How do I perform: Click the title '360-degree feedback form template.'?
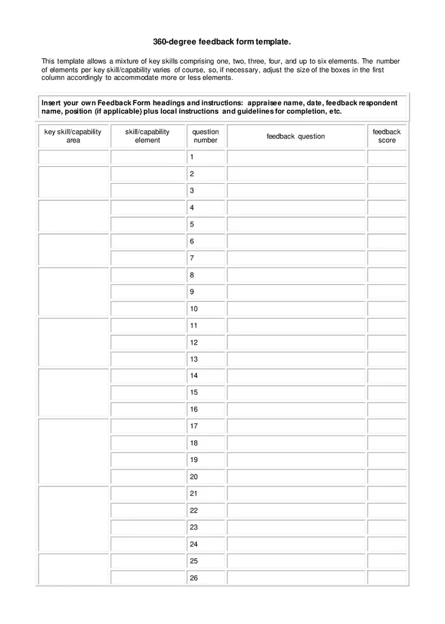(222, 42)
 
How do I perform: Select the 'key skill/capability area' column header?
(73, 136)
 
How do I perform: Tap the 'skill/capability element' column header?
(147, 136)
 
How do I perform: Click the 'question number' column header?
(206, 136)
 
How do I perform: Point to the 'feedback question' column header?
(296, 136)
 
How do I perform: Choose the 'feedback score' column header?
(387, 136)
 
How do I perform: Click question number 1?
(192, 157)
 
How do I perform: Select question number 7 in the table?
(192, 258)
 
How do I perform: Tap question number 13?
(194, 359)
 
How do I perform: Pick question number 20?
(194, 477)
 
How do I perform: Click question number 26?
(194, 578)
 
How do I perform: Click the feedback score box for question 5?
(387, 225)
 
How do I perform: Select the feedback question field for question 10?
(296, 309)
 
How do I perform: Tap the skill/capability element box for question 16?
(147, 410)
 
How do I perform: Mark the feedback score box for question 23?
(387, 527)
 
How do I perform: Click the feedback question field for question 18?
(296, 443)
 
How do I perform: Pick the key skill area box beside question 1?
(73, 157)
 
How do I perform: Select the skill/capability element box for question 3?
(147, 191)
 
